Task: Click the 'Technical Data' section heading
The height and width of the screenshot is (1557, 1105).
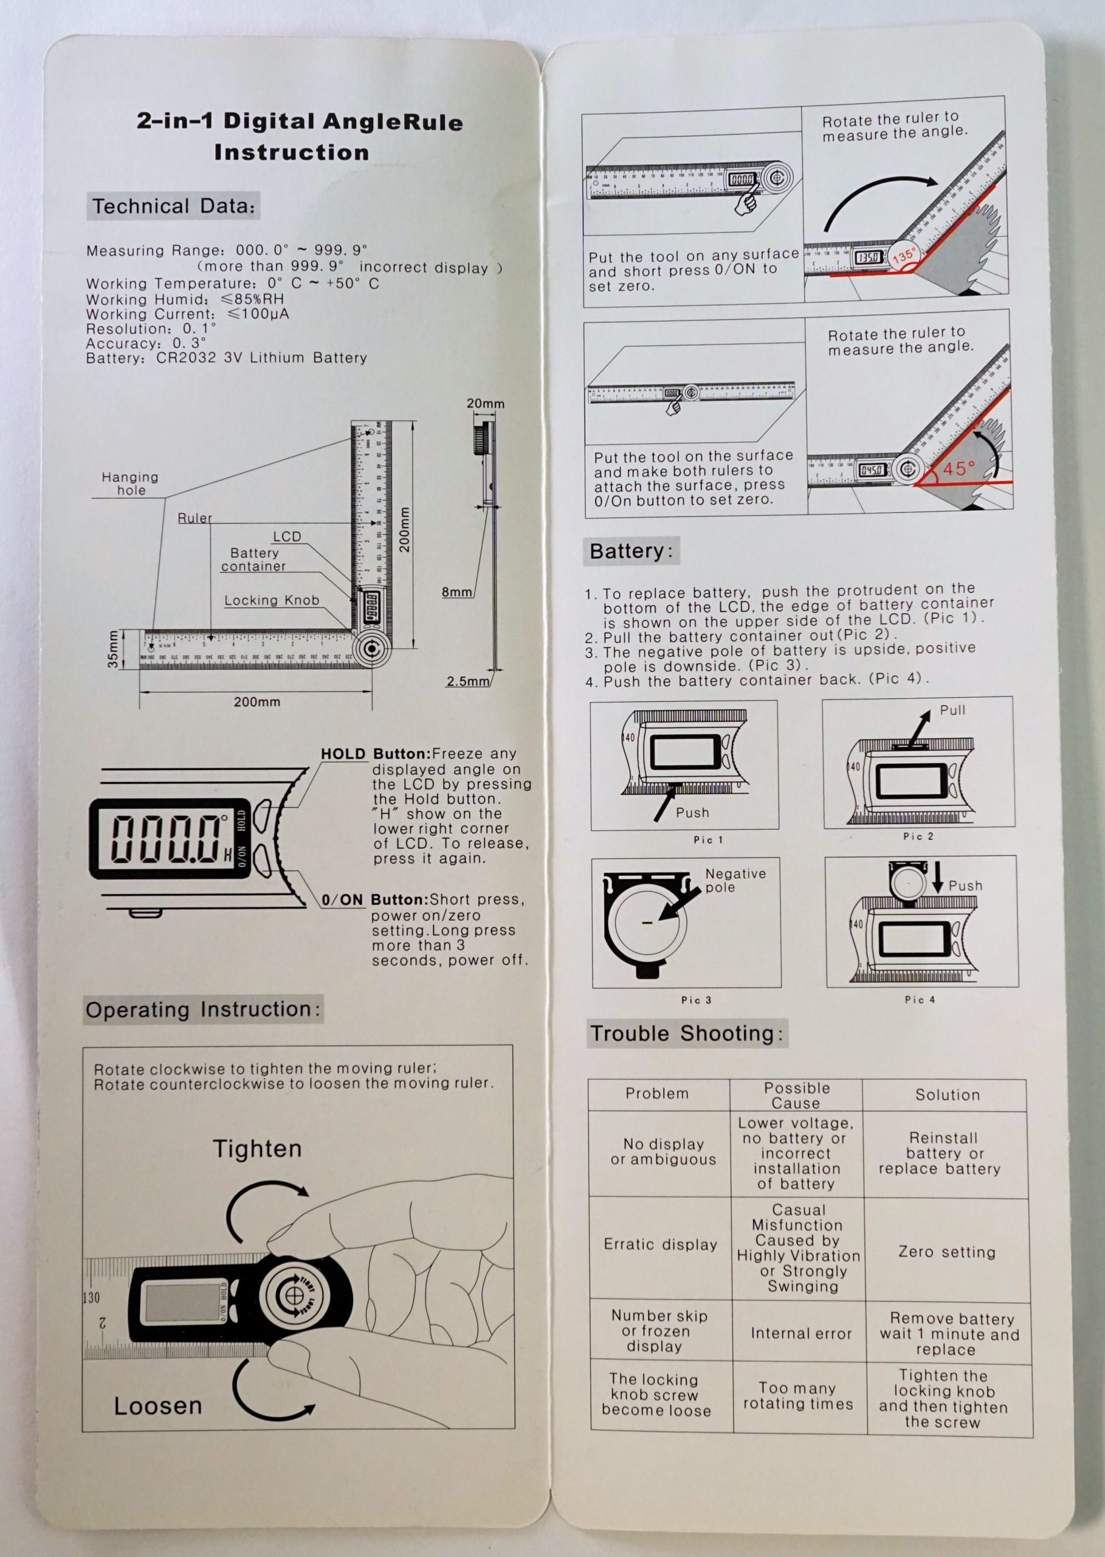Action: tap(173, 206)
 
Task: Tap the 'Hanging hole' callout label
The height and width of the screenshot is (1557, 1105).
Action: tap(130, 484)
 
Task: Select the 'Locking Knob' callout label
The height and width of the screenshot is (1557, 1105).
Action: tap(272, 600)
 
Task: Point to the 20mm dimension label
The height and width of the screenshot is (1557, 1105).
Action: tap(485, 404)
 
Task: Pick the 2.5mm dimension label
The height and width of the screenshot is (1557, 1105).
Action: tap(467, 681)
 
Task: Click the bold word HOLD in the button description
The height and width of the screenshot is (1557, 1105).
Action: tap(343, 754)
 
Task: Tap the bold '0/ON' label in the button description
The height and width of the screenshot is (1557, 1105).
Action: tap(342, 900)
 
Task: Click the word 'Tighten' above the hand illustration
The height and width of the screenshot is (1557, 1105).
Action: tap(257, 1149)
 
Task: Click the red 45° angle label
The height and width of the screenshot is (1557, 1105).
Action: tap(959, 468)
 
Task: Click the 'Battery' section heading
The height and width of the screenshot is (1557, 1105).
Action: tap(631, 551)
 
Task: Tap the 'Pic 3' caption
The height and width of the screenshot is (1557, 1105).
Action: tap(696, 1000)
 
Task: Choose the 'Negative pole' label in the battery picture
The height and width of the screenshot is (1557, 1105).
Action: tap(735, 880)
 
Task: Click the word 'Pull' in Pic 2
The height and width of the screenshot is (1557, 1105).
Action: tap(952, 710)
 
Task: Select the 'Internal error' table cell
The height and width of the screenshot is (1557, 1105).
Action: tap(801, 1334)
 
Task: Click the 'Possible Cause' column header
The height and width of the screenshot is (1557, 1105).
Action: tap(796, 1095)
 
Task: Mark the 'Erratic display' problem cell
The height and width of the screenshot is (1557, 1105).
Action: tap(660, 1244)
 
